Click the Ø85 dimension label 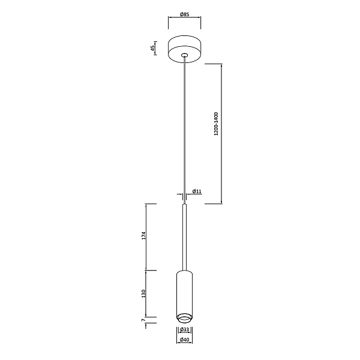pyautogui.click(x=184, y=14)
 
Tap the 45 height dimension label pyautogui.click(x=152, y=48)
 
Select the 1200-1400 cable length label pyautogui.click(x=216, y=124)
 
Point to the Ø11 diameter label pyautogui.click(x=197, y=191)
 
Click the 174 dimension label pyautogui.click(x=143, y=236)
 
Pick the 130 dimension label pyautogui.click(x=143, y=293)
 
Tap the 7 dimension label pyautogui.click(x=143, y=320)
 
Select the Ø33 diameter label pyautogui.click(x=185, y=329)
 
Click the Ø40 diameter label pyautogui.click(x=184, y=340)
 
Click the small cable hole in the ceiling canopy pyautogui.click(x=184, y=55)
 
